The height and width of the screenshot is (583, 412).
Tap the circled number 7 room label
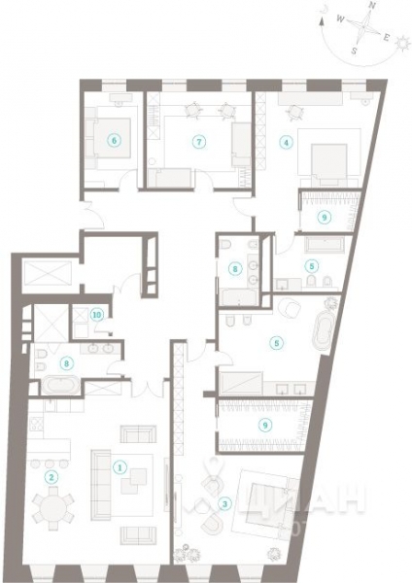click(x=198, y=141)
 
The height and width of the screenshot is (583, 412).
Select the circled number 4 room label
click(x=286, y=142)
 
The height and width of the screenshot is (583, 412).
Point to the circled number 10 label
click(x=96, y=314)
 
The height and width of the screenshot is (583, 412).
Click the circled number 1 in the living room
click(x=120, y=467)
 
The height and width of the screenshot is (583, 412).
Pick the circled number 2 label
click(x=52, y=477)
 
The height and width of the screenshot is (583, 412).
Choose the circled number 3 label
click(x=224, y=502)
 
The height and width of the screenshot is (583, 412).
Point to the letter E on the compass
click(x=387, y=38)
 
